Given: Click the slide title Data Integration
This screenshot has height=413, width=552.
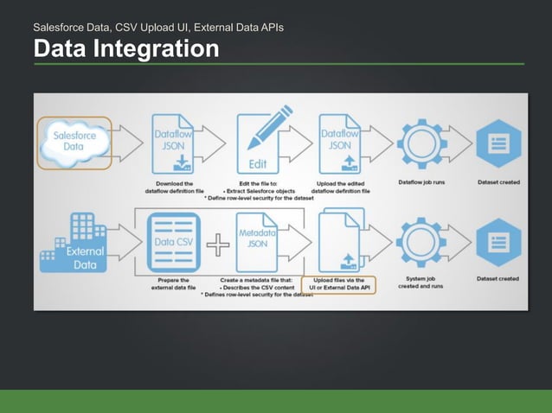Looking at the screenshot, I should [126, 49].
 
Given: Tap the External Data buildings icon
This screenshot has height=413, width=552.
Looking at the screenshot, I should [76, 245].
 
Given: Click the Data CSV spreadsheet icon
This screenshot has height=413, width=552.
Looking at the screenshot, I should [175, 242].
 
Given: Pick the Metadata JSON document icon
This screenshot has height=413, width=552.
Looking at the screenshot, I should [256, 241].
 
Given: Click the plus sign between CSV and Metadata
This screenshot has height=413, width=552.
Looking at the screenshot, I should [217, 246].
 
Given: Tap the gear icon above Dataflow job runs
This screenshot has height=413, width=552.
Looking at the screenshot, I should [422, 141].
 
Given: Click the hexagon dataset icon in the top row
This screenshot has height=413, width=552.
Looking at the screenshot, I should [497, 141].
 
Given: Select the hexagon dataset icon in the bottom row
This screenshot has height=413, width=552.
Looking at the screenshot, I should [497, 241].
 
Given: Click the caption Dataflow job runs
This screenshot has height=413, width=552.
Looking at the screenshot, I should [422, 182].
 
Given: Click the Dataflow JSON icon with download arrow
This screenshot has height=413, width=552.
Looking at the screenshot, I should [175, 141].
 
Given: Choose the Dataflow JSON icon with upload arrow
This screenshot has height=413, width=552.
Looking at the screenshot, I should [340, 141].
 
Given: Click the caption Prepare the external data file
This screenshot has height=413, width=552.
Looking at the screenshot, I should [175, 283].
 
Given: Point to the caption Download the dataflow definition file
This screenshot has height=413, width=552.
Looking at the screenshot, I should [175, 187].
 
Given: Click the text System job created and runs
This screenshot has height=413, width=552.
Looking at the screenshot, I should [422, 283].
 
